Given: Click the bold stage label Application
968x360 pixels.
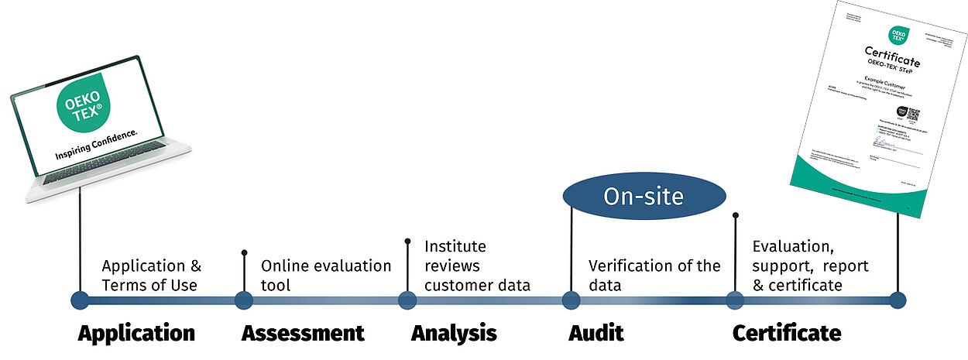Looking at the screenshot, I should coord(136,334).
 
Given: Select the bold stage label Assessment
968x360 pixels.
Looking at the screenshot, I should coord(303,334).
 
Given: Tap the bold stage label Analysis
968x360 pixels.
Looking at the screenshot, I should coord(454,334).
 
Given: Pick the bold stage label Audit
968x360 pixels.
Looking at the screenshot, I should coord(596,334).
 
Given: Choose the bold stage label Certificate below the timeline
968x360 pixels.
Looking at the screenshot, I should coord(787,334).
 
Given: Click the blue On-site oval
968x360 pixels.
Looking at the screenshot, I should coord(644,196).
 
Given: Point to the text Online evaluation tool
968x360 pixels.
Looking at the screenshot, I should coord(325,276).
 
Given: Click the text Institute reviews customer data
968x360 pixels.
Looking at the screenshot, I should coord(477,266).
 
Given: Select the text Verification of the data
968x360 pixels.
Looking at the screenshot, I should coord(654,276).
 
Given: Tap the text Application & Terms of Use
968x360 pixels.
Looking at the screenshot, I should coord(151,276).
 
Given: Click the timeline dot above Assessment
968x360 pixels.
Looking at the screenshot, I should coord(243,301).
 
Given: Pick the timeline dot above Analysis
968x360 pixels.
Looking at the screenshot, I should coord(407,301).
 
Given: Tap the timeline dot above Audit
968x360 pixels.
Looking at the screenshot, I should coord(571,301).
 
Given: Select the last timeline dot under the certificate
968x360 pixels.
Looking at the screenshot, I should coord(898,301).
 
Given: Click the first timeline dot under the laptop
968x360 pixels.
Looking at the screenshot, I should coord(79,301).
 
